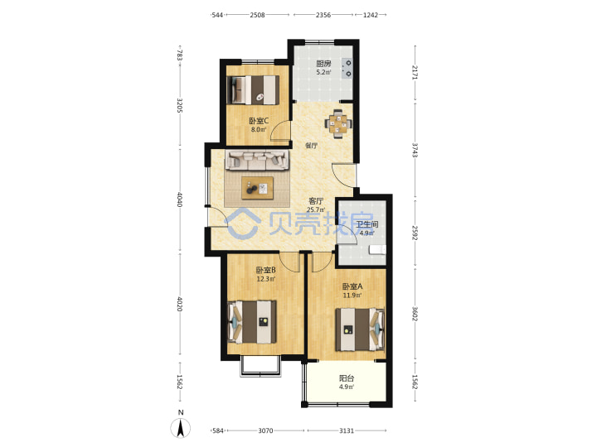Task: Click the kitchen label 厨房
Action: click(x=323, y=64)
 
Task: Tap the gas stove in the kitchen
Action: click(x=347, y=68)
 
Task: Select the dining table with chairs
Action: click(x=338, y=123)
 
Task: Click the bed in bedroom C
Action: click(x=253, y=90)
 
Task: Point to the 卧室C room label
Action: click(x=259, y=121)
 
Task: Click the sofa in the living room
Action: click(x=257, y=160)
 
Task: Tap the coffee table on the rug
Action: click(x=257, y=188)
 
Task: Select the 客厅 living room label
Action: click(x=316, y=201)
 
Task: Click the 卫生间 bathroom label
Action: click(x=367, y=224)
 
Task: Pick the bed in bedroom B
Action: click(x=252, y=322)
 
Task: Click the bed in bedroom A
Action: click(x=360, y=329)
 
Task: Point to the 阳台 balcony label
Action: click(x=347, y=378)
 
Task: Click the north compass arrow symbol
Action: click(x=181, y=428)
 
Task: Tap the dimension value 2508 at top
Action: click(x=257, y=15)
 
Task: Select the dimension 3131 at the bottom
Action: click(x=347, y=430)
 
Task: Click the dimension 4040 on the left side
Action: click(x=180, y=199)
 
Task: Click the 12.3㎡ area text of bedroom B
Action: click(x=266, y=279)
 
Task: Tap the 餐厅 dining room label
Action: click(x=312, y=146)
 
